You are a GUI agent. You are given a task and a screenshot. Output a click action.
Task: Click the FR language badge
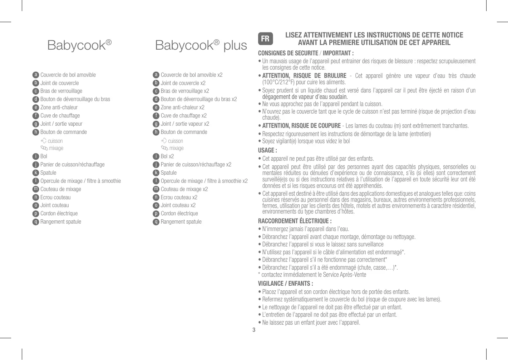[x=265, y=39]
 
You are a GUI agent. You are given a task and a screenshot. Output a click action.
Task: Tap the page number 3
[x=254, y=330]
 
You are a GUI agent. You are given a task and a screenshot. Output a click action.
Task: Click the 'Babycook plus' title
[x=201, y=45]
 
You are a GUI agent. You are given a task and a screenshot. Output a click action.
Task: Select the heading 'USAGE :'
[x=267, y=150]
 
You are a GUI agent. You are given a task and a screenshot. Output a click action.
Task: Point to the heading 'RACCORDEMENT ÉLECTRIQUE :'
[x=295, y=221]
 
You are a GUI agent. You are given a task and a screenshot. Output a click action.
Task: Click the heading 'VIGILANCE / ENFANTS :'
[x=286, y=284]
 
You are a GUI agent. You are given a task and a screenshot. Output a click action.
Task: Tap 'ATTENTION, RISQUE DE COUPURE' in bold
[x=301, y=126]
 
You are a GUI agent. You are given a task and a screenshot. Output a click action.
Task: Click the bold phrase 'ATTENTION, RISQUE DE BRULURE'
[x=304, y=76]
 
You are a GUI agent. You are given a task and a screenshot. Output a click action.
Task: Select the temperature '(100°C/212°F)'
[x=278, y=82]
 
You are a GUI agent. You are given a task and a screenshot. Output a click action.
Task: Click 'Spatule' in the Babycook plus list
[x=169, y=173]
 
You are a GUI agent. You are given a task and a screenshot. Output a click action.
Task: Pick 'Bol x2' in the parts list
[x=167, y=156]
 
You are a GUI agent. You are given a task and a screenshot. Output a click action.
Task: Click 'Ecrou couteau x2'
[x=179, y=197]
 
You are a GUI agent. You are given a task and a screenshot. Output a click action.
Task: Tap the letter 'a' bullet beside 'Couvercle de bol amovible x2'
[x=156, y=75]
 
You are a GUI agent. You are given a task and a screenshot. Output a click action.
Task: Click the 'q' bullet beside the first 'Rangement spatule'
[x=35, y=222]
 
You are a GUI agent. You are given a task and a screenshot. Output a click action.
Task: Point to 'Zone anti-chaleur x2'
[x=182, y=107]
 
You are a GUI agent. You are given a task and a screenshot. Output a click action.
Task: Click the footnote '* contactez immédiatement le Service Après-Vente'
[x=312, y=275]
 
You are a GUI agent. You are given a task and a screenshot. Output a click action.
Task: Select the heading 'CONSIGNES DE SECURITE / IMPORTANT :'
[x=306, y=54]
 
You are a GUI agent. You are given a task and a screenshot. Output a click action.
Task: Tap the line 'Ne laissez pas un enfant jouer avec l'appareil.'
[x=311, y=323]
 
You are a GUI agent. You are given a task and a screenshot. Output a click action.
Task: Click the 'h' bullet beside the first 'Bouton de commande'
[x=35, y=132]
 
